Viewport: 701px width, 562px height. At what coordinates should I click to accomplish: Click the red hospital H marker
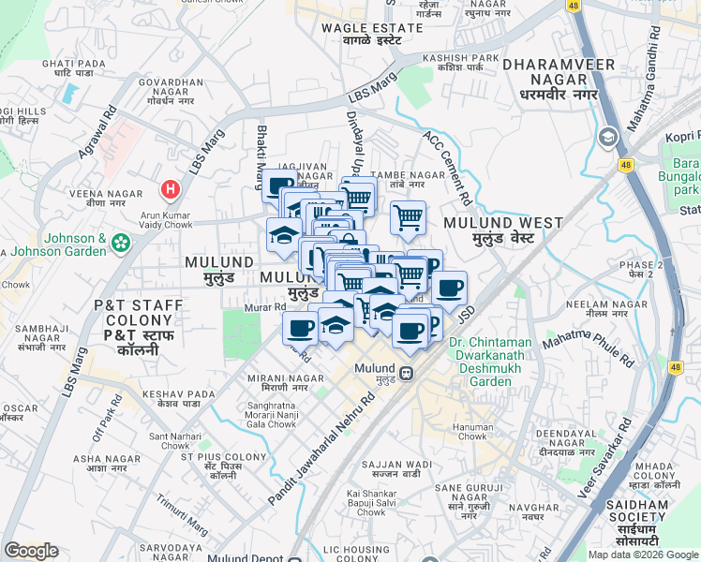pyautogui.click(x=170, y=190)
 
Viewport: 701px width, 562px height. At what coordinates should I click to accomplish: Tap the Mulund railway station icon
pyautogui.click(x=407, y=373)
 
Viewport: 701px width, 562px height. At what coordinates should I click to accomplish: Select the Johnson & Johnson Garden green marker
pyautogui.click(x=120, y=244)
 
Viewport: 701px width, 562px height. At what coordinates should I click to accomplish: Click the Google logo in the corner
pyautogui.click(x=31, y=551)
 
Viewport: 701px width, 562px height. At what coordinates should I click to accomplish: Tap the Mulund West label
pyautogui.click(x=503, y=229)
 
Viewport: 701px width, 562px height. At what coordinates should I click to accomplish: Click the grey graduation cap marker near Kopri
pyautogui.click(x=608, y=138)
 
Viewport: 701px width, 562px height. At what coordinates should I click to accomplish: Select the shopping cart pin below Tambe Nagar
pyautogui.click(x=408, y=218)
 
